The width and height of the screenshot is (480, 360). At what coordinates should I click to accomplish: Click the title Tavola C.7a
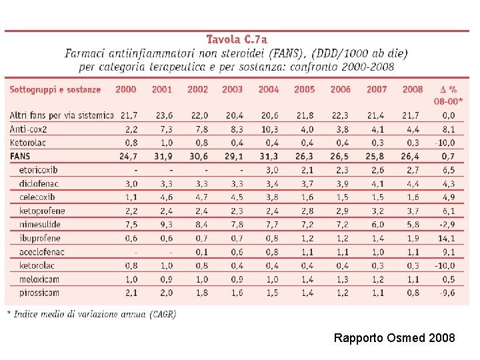(236, 39)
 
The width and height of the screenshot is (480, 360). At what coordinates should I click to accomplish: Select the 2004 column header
(269, 89)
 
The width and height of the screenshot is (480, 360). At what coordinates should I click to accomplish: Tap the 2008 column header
(413, 89)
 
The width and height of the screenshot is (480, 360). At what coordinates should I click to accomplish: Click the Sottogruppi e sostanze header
(55, 89)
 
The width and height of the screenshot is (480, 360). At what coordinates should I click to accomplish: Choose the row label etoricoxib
(39, 170)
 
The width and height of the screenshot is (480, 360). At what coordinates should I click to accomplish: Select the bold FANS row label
(20, 156)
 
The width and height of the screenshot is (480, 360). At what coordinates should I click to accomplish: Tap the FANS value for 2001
(162, 156)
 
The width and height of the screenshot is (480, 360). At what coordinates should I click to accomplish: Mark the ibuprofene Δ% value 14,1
(447, 238)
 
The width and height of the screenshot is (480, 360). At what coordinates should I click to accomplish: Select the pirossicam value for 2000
(129, 293)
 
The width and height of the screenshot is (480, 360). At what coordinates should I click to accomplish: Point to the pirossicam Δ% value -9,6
(447, 293)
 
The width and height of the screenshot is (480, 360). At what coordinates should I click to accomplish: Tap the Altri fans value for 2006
(340, 115)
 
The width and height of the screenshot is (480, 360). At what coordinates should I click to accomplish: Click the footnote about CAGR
(91, 313)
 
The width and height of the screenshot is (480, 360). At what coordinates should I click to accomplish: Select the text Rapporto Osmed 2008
(394, 338)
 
